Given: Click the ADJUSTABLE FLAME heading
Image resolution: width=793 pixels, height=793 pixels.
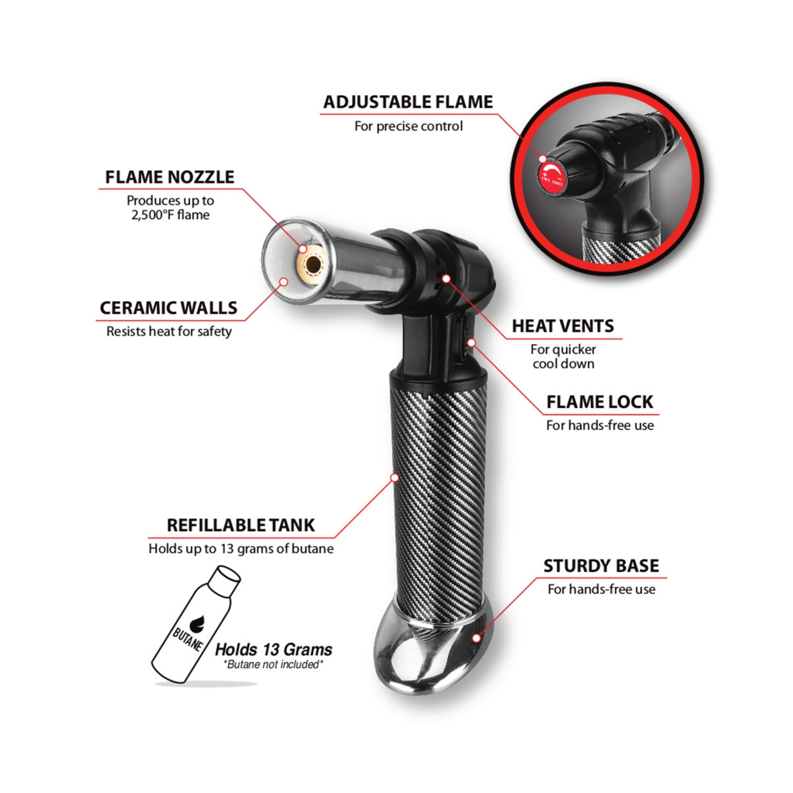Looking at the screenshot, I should [x=408, y=102].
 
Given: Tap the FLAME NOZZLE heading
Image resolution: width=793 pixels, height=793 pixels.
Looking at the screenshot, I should [x=169, y=177].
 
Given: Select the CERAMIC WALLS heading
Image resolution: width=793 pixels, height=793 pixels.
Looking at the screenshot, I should [x=168, y=308].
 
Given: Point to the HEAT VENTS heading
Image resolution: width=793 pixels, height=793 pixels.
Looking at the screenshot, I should [x=563, y=326].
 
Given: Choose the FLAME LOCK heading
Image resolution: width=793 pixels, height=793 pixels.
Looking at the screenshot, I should [x=600, y=402].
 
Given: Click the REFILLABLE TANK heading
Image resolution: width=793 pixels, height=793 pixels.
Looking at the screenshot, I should [x=241, y=525].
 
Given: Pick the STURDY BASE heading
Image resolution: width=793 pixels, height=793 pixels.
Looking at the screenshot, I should [x=601, y=566].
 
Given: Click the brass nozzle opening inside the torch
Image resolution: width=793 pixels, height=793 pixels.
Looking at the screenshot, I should [x=312, y=263].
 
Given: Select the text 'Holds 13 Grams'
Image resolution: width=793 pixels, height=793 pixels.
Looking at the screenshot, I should [x=273, y=649].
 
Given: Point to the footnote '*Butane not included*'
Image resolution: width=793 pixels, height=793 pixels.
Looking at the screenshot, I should [x=273, y=665].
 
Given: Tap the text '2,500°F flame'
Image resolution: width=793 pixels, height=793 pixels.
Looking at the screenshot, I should [x=170, y=215].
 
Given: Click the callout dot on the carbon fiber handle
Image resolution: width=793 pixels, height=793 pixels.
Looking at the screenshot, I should [x=394, y=477].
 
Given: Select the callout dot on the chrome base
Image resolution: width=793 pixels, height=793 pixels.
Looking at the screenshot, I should [x=476, y=638].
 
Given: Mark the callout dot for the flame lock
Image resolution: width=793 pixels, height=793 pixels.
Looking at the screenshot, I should [x=472, y=343].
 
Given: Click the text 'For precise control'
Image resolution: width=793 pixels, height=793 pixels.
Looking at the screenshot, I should [x=408, y=126].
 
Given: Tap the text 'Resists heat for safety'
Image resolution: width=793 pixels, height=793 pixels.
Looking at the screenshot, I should [x=169, y=331].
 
